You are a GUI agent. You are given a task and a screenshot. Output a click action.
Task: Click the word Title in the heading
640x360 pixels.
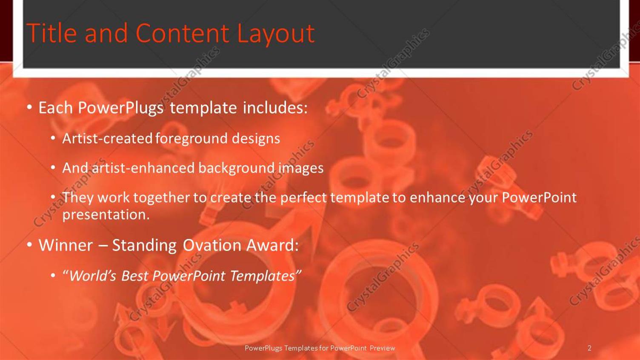[51, 33]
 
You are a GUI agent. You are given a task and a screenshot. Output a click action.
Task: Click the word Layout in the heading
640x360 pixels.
[275, 33]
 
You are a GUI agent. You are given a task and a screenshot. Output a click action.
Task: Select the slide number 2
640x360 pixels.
[589, 348]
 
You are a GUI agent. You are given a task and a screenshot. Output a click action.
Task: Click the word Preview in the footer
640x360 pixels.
[382, 348]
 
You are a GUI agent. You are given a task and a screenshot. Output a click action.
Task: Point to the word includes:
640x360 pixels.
[275, 108]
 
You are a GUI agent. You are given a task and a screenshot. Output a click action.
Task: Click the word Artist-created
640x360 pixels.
[107, 138]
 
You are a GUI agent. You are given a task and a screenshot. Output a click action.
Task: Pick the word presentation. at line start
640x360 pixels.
[106, 214]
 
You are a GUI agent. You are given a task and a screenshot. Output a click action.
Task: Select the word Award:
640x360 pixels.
[272, 245]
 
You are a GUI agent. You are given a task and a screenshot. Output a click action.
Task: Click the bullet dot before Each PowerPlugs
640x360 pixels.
[29, 107]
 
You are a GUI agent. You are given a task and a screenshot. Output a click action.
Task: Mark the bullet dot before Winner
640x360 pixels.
[29, 245]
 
